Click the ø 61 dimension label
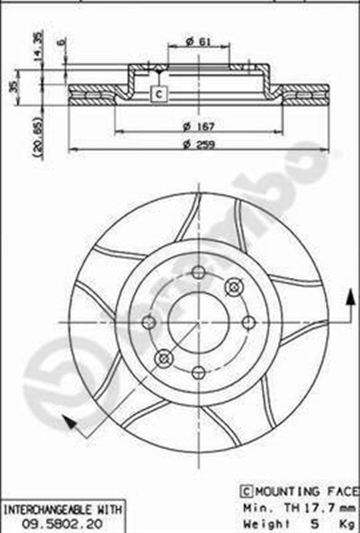[x=197, y=42]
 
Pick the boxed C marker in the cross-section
[x=158, y=94]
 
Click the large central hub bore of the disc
[x=198, y=321]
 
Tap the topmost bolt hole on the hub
[x=197, y=271]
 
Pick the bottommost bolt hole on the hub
[x=199, y=371]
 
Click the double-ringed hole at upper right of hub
[x=233, y=286]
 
